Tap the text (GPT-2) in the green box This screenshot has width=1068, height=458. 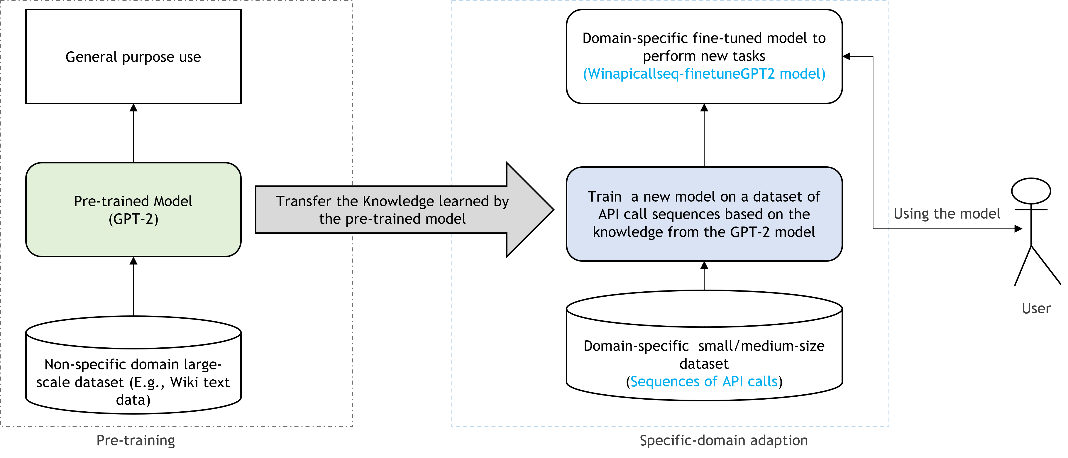point(133,219)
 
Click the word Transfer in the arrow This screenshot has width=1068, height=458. point(304,201)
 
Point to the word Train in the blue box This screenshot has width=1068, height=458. point(605,197)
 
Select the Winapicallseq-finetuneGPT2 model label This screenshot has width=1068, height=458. point(704,74)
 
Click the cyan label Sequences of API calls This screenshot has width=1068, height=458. point(704,381)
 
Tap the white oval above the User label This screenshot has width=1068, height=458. point(1031,191)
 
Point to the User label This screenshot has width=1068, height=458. point(1036,309)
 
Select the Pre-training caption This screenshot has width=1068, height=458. point(136,440)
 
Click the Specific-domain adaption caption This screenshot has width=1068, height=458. point(723,440)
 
